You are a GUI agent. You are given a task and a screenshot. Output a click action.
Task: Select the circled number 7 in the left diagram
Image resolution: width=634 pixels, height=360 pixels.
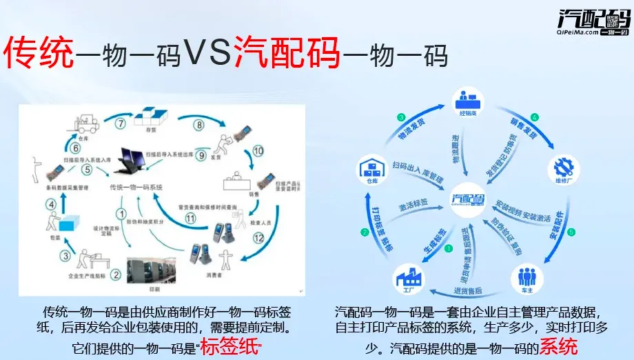[120, 124]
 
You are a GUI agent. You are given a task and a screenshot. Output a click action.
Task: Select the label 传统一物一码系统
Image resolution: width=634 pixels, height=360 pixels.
[136, 187]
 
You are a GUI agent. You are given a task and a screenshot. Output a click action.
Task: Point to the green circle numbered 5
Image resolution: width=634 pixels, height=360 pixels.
[571, 232]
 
